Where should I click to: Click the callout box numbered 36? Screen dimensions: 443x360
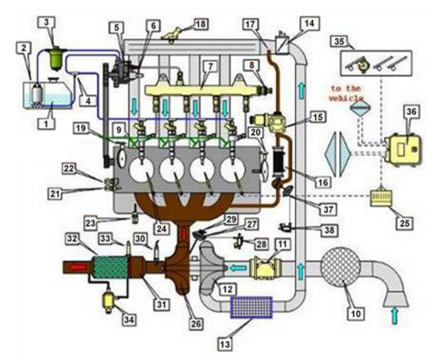411,112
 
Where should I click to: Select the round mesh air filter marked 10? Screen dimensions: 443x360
340,267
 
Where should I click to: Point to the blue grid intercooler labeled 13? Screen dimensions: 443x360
251,307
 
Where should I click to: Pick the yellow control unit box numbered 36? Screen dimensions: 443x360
403,151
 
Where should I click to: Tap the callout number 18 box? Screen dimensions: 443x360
201,24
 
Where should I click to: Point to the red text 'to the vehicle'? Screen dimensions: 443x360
346,93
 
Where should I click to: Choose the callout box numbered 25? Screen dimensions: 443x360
405,223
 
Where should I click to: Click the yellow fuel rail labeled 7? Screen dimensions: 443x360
202,91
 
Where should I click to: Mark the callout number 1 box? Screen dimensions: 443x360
46,123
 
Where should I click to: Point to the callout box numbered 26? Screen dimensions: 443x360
196,324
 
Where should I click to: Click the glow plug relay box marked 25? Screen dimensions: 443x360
382,197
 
